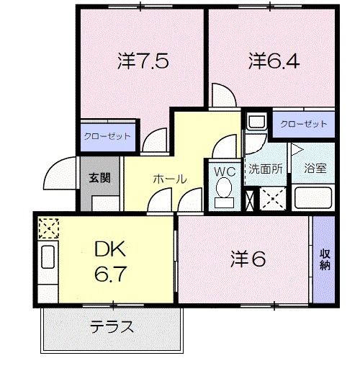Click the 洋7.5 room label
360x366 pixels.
143,62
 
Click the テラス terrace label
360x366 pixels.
112,327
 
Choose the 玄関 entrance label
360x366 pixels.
99,178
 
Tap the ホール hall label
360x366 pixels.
169,179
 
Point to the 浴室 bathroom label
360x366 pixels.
315,169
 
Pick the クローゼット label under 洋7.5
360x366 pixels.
107,135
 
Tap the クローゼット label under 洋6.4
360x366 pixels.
303,124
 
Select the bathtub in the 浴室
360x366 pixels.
312,197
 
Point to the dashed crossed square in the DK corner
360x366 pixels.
47,229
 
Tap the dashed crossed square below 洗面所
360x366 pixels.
271,197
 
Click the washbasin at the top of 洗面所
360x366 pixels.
256,123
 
